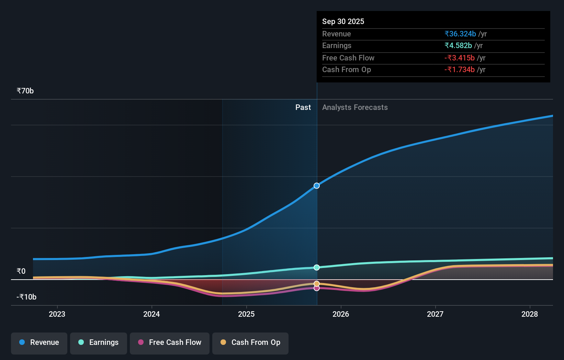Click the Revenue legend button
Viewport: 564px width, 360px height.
[39, 342]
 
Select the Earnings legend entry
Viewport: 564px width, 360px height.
[99, 342]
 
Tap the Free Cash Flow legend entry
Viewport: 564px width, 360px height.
[170, 342]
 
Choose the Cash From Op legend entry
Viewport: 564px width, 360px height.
[250, 342]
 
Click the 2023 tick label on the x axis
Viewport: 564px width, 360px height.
[57, 314]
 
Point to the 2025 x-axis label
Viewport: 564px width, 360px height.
[246, 314]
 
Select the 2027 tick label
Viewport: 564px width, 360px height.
[435, 314]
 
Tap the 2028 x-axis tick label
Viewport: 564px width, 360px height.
[530, 314]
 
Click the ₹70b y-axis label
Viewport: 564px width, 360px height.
[25, 91]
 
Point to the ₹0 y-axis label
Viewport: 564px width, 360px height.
[21, 271]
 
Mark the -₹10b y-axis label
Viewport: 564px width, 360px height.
[26, 297]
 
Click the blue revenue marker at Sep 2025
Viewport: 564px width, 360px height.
[317, 186]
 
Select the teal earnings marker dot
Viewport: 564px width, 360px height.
[317, 268]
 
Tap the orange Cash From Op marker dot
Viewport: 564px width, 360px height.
[317, 284]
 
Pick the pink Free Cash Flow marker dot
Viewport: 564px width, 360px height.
[317, 288]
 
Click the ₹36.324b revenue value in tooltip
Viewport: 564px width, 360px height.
[460, 34]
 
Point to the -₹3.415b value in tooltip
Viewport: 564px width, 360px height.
[460, 58]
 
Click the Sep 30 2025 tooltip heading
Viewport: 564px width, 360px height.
[343, 22]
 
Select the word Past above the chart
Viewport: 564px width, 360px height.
[303, 108]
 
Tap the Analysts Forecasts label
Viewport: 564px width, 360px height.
[355, 108]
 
